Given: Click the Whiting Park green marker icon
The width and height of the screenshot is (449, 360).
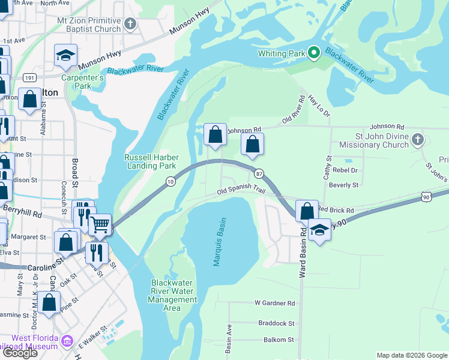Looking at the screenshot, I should tap(313, 53).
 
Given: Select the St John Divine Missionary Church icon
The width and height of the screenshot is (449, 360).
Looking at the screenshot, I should tap(419, 140).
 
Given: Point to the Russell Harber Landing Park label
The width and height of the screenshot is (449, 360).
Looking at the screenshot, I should tap(150, 161).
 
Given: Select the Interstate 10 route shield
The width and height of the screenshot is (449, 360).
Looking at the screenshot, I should tap(171, 181).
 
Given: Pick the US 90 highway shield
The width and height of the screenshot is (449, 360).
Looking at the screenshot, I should tap(426, 197).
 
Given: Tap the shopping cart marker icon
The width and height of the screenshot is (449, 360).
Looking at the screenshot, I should tap(100, 224).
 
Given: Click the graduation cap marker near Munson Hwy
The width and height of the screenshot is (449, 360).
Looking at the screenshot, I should tap(65, 55).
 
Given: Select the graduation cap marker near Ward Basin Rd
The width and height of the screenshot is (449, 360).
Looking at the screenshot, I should tap(319, 229).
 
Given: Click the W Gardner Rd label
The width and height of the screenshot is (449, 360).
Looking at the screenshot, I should tap(275, 304).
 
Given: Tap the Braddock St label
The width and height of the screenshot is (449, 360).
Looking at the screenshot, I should tap(276, 323).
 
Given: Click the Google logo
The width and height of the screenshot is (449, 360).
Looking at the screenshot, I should tap(20, 353).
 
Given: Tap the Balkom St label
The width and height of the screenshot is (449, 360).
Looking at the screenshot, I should tap(279, 340).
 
